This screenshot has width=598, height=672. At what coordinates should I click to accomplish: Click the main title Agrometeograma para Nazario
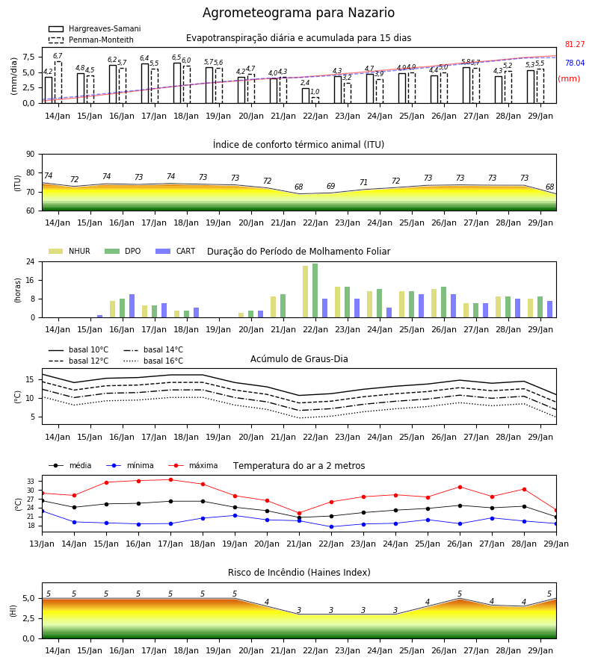[298, 13]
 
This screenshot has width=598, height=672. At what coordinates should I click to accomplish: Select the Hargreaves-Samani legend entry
[95, 28]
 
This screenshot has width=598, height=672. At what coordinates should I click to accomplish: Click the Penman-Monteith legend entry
[91, 40]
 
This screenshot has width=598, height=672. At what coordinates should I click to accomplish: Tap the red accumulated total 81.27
[575, 44]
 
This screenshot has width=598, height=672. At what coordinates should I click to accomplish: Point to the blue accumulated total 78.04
[575, 63]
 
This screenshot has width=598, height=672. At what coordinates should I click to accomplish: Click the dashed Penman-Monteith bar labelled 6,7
[58, 82]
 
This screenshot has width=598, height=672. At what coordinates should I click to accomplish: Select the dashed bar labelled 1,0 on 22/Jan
[315, 100]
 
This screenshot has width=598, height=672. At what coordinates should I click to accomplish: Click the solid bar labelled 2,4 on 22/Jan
[306, 96]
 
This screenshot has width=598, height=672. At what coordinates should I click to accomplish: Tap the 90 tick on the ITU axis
[31, 155]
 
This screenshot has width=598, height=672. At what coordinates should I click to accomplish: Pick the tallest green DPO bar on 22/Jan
[315, 290]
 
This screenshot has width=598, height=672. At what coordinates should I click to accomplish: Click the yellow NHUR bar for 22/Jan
[306, 292]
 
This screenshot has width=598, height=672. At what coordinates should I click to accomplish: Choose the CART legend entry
[176, 251]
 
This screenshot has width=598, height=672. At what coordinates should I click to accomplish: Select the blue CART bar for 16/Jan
[132, 306]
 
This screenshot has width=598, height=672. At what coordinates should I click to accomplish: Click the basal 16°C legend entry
[153, 361]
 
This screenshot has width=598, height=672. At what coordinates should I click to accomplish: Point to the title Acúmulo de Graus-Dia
[299, 359]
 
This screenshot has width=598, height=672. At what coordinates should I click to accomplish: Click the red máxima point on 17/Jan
[170, 479]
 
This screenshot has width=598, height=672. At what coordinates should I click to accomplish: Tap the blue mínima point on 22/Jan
[332, 526]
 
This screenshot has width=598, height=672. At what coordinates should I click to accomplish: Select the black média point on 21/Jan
[300, 517]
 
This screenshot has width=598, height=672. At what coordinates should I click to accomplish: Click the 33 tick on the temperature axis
[31, 482]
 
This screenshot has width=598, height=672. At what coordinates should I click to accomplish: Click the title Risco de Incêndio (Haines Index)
[299, 573]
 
